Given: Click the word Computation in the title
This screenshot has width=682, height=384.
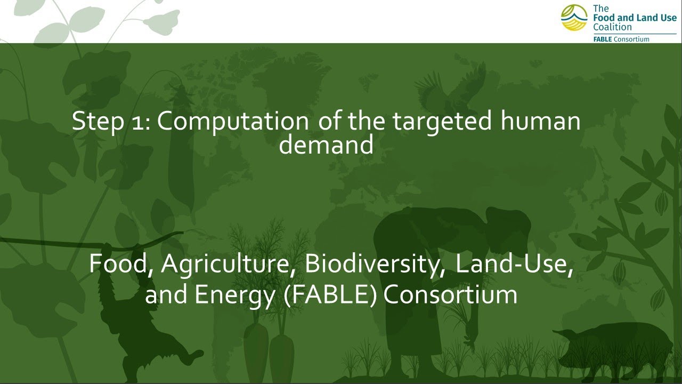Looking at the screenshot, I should pos(232,122).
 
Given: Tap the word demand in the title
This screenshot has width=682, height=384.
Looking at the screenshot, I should pos(326,145).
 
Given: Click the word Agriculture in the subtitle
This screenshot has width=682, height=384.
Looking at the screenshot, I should pos(228,264).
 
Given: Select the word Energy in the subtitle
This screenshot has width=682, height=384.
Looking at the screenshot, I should pos(236,295).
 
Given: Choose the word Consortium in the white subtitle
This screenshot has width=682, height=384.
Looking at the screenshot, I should pos(450,294).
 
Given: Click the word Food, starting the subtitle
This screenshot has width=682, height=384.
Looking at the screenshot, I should pos(121,264).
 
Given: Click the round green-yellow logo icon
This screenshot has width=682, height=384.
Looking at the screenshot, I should pos(574,17).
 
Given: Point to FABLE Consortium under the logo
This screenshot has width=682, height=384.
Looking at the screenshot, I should pos(621,39).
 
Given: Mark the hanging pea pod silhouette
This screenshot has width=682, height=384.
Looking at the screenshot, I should pos(182,155).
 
